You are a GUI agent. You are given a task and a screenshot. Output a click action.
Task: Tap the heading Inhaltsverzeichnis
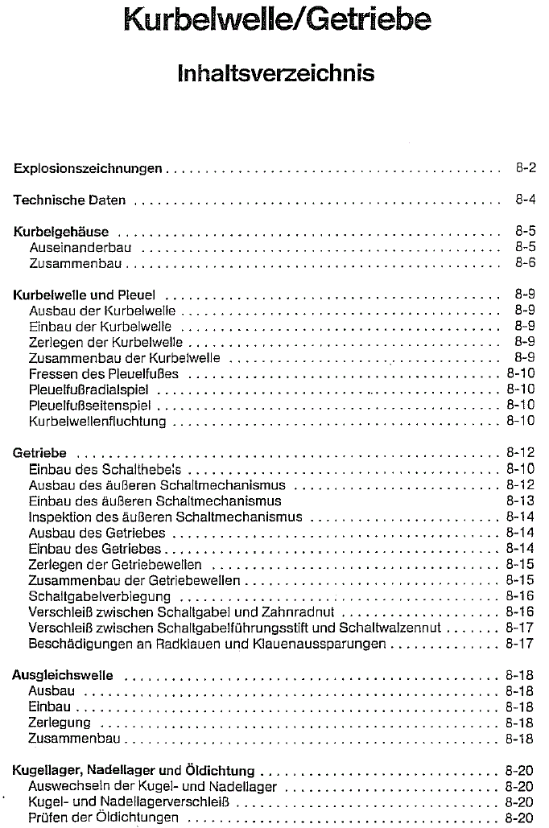276,74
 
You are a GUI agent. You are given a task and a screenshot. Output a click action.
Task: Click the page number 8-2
526,169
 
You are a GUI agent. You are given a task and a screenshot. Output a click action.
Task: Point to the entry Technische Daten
69,200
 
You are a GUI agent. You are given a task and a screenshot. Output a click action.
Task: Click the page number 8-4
526,200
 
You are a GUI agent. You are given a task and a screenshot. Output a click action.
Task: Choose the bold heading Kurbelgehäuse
61,233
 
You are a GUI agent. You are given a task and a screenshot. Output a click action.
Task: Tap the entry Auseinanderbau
80,248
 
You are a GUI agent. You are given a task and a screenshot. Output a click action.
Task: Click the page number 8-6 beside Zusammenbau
526,263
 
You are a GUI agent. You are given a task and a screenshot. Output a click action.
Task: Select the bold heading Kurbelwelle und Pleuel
85,295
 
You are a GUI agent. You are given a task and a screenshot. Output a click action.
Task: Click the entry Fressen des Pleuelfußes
104,373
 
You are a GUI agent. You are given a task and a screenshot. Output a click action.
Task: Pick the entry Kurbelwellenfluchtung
97,421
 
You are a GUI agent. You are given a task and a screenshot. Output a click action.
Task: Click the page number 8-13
521,501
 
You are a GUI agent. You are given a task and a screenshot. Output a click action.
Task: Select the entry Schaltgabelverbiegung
100,596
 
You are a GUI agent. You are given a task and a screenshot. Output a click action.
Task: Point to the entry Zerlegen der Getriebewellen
115,564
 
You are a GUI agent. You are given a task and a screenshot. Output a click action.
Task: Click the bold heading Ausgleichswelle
63,674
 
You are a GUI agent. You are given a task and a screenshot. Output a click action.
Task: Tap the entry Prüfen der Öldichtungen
103,818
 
